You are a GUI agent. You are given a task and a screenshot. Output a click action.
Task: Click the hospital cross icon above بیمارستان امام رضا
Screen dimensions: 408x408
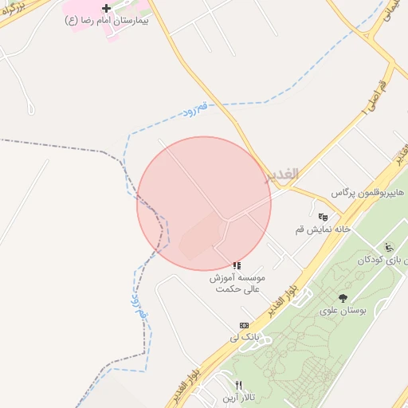[106, 8]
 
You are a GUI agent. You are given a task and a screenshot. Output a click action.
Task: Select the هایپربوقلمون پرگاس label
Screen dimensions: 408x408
[368, 194]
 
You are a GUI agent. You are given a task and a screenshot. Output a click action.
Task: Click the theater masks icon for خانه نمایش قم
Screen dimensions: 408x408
[323, 217]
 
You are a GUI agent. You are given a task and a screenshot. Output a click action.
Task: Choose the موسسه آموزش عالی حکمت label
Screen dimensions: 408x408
[237, 284]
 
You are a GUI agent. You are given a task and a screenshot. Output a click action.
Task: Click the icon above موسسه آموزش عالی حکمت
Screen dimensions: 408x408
[237, 265]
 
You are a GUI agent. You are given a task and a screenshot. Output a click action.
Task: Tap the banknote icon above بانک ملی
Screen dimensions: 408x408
[244, 325]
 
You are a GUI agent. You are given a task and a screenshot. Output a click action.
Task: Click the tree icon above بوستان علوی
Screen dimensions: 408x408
[343, 298]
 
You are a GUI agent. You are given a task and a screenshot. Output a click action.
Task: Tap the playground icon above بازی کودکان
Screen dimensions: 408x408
[388, 247]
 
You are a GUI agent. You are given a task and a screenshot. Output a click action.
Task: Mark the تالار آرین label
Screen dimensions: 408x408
[238, 397]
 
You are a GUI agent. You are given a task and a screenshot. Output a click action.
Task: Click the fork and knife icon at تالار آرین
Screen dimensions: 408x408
[238, 385]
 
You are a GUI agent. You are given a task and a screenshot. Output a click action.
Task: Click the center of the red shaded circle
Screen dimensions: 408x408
[204, 204]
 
